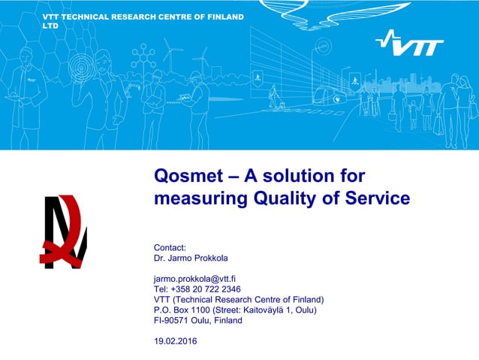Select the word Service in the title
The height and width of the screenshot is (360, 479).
coord(381,198)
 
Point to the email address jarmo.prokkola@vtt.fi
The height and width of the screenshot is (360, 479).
coord(195,278)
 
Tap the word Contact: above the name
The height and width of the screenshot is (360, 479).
coord(170,247)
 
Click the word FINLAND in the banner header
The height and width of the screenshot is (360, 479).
coord(224,17)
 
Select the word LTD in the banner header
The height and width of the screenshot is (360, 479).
coord(50,26)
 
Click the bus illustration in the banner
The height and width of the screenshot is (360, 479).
coord(331,95)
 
